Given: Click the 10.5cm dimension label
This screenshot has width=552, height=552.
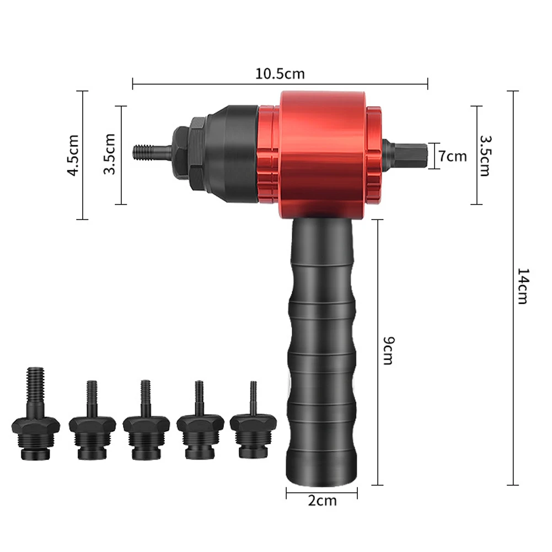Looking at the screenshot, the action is (x=280, y=73).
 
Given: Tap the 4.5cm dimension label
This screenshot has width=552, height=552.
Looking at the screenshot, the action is (x=73, y=155).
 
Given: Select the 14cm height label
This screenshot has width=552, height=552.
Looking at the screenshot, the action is (x=523, y=286).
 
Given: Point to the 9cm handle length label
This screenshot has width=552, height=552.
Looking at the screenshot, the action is (x=389, y=350).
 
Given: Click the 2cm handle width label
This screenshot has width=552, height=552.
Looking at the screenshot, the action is (x=322, y=500).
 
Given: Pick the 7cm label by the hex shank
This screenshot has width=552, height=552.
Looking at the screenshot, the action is (x=453, y=156).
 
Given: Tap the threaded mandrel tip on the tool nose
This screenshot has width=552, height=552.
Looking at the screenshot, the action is (x=152, y=153).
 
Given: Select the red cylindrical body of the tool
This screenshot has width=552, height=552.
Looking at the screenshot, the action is (x=323, y=155).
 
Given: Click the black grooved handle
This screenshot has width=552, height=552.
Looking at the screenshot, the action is (x=321, y=352).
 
